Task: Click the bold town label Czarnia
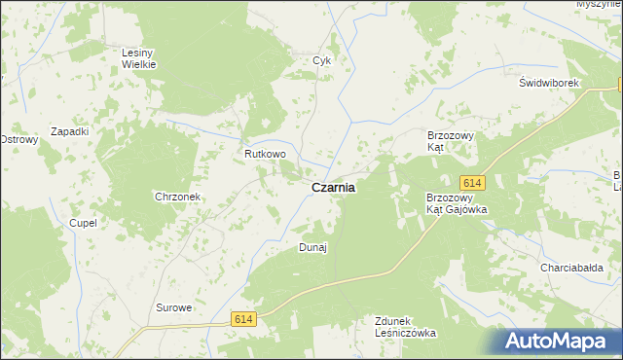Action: click(x=333, y=189)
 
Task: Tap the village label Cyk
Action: click(x=322, y=60)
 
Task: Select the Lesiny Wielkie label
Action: click(x=139, y=58)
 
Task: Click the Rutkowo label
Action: click(x=265, y=154)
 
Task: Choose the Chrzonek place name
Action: click(x=177, y=197)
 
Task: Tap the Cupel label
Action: click(x=83, y=223)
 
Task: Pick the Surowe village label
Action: click(x=174, y=307)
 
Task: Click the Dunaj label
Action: click(x=311, y=247)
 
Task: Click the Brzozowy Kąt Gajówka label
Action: click(x=457, y=203)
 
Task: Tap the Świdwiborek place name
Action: click(x=549, y=83)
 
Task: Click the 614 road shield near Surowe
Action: click(x=244, y=318)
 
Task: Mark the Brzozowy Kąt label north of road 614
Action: click(x=450, y=141)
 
